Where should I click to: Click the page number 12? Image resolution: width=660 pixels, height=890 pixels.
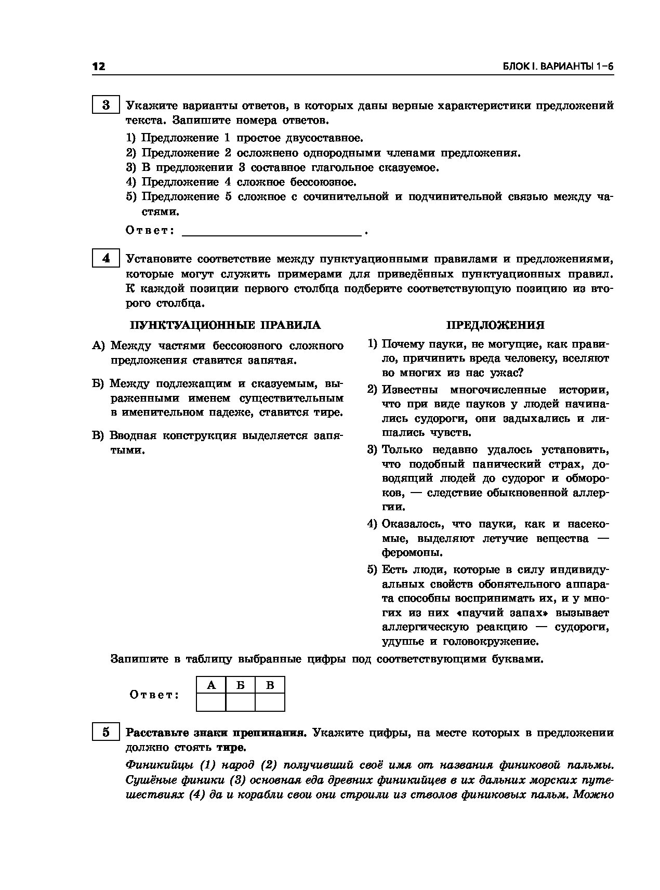(99, 67)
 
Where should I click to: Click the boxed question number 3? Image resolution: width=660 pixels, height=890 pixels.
(106, 105)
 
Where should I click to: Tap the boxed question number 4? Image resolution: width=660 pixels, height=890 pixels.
(106, 258)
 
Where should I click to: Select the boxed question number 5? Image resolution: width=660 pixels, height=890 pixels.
(106, 733)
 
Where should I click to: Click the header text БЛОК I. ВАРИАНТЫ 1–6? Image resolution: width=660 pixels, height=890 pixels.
(558, 67)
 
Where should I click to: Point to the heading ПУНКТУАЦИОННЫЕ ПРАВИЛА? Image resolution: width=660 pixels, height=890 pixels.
(225, 325)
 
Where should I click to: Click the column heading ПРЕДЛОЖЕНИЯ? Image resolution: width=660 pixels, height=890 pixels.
(495, 325)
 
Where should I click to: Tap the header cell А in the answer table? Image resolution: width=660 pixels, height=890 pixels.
(212, 685)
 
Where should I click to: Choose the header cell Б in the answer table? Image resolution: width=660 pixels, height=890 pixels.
(241, 685)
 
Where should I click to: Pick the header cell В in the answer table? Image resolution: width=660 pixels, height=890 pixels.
(270, 685)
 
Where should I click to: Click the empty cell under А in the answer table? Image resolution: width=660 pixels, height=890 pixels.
(212, 702)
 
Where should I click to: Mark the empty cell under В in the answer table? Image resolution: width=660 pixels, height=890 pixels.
(270, 702)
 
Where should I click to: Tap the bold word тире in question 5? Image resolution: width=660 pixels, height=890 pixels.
(230, 748)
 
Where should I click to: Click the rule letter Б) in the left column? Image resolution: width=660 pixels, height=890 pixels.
(99, 384)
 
